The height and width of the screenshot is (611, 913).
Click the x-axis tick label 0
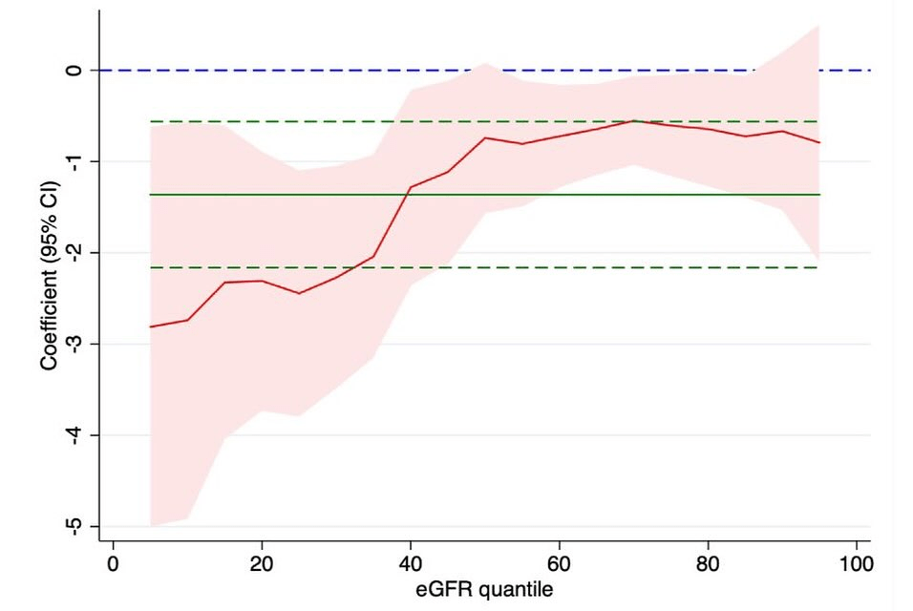113,560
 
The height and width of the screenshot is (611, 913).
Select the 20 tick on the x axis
262,560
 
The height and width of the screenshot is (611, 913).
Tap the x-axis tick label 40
411,560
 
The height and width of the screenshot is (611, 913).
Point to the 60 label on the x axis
560,560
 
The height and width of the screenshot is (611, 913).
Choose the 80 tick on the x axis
708,560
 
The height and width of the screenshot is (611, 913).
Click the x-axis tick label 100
857,560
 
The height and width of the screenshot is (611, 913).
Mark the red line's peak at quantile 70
633,121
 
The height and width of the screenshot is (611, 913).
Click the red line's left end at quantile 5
150,327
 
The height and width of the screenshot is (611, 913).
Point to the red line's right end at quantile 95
819,142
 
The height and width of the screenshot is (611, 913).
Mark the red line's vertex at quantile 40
411,187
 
